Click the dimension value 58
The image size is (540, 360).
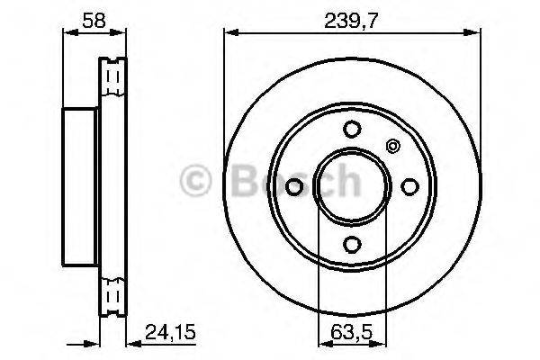[x=80, y=16]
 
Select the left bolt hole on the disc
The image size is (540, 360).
[x=295, y=185]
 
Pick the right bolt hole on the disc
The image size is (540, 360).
[x=410, y=185]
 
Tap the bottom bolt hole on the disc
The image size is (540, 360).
[x=353, y=243]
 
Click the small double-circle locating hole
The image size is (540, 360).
[x=391, y=146]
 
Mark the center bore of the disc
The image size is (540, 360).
[x=353, y=185]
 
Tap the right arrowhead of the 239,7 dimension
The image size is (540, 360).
[x=476, y=33]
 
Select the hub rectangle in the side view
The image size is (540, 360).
[x=78, y=185]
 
